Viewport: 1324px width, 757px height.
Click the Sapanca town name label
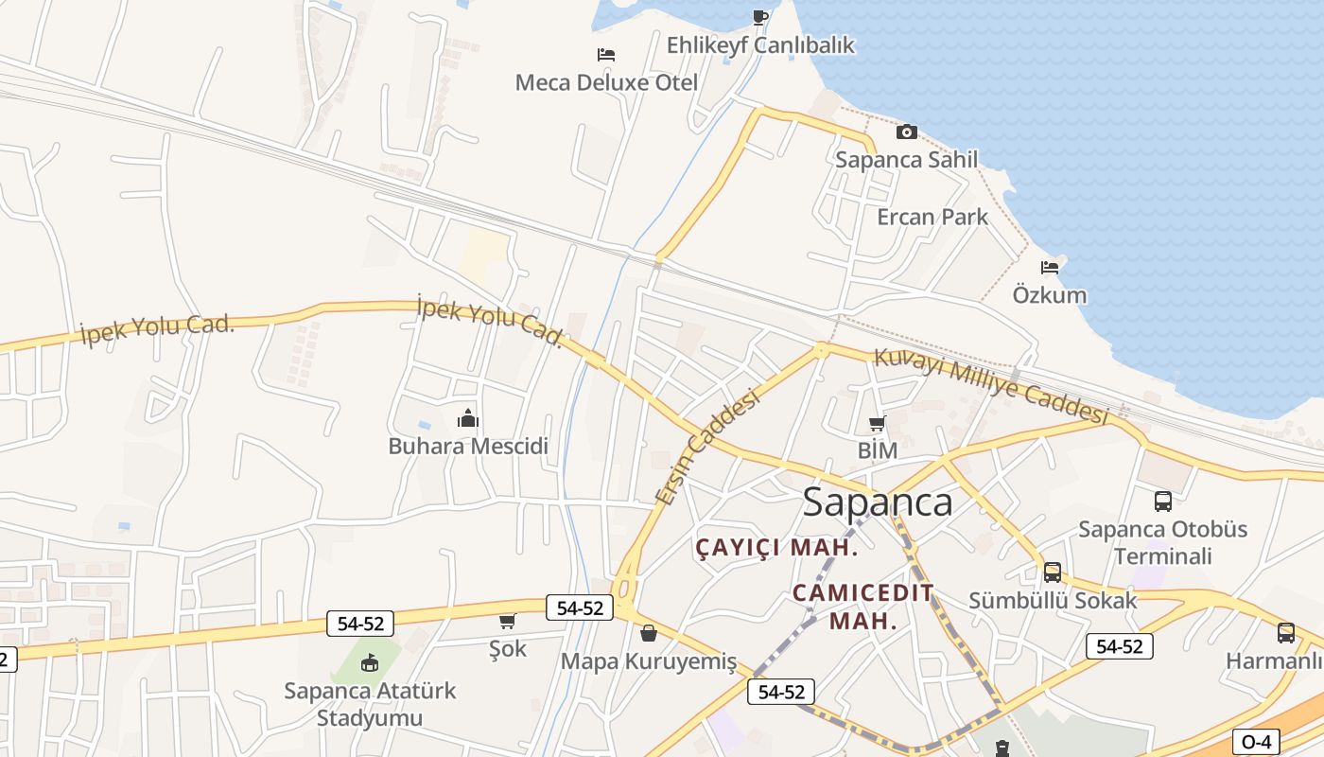(x=877, y=502)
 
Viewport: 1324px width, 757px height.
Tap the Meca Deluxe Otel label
(x=606, y=82)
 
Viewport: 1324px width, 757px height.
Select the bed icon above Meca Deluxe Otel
(x=606, y=55)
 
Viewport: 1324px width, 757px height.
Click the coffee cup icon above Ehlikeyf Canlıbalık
(x=760, y=17)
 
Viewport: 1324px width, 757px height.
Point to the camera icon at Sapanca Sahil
(x=906, y=132)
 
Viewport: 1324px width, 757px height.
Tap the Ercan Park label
(x=932, y=217)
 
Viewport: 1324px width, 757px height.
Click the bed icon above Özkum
(x=1050, y=267)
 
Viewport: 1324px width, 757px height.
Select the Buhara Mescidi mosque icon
(x=468, y=417)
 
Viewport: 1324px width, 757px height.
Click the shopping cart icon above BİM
(x=878, y=423)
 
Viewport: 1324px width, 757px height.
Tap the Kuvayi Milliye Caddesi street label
(x=990, y=386)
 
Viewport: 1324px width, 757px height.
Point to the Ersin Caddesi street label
(x=708, y=446)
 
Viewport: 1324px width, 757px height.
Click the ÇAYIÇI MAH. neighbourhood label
(x=776, y=547)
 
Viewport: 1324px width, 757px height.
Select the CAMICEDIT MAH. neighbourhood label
(x=862, y=607)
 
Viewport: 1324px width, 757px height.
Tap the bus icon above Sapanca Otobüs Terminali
(x=1163, y=501)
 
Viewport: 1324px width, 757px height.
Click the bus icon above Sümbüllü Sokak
(x=1053, y=572)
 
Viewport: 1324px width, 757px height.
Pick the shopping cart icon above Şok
(x=508, y=622)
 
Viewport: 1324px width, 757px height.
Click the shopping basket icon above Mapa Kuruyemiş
(x=649, y=632)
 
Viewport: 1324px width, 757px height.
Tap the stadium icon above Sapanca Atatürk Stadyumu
(x=370, y=662)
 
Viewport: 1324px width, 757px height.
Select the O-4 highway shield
(x=1256, y=742)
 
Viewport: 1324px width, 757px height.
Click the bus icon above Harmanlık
(x=1285, y=632)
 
